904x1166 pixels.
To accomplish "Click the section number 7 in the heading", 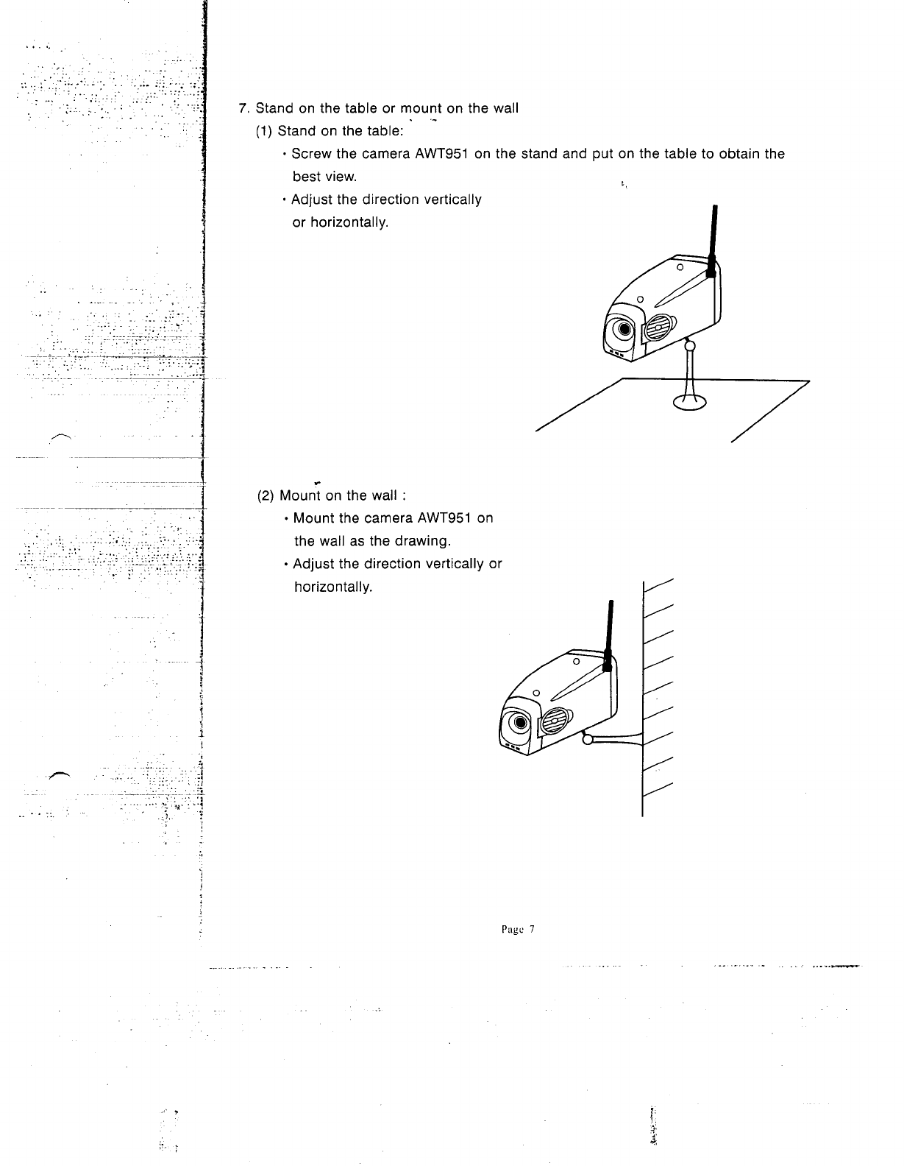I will (243, 108).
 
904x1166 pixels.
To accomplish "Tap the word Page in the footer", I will (508, 929).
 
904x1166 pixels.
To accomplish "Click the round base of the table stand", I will (689, 401).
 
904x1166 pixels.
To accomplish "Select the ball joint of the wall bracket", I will (587, 739).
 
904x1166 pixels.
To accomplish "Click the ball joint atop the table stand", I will (690, 344).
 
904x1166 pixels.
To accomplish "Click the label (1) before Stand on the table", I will (264, 131).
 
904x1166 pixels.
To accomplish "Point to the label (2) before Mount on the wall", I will (266, 495).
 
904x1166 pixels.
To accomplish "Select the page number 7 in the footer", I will (530, 929).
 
